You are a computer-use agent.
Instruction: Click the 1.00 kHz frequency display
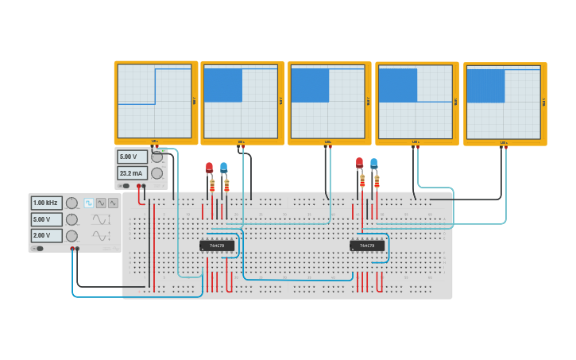(x=46, y=203)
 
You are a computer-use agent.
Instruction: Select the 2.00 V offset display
(x=46, y=236)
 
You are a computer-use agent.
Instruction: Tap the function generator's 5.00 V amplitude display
(x=46, y=219)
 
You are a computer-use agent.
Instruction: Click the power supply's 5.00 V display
(x=132, y=157)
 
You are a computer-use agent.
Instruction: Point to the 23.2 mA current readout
(x=132, y=173)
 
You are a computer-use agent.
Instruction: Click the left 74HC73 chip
(x=217, y=246)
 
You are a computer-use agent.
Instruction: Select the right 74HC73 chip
(x=367, y=246)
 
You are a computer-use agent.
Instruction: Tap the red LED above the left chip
(x=209, y=168)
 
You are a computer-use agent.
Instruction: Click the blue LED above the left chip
(x=223, y=167)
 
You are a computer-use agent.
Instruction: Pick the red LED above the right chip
(x=359, y=163)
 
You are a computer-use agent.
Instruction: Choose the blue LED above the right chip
(x=373, y=163)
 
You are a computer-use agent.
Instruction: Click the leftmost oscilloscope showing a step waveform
(x=156, y=102)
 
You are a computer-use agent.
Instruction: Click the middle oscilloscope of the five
(x=329, y=103)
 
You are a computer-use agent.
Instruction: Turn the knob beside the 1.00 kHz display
(x=72, y=203)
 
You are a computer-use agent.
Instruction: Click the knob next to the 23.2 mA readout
(x=157, y=173)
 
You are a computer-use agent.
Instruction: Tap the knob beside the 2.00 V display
(x=72, y=236)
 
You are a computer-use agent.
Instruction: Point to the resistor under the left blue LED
(x=226, y=186)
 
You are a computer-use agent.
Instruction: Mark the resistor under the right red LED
(x=362, y=182)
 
